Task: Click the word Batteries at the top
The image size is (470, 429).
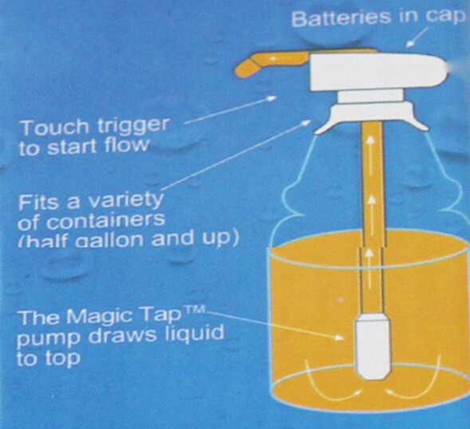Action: [342, 18]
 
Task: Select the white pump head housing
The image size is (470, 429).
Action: [378, 72]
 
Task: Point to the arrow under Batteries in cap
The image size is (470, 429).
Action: [416, 38]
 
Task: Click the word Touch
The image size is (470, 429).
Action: [55, 127]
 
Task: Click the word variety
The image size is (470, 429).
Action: [127, 201]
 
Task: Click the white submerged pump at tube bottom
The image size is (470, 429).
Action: [373, 348]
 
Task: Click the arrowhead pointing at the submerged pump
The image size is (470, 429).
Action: [338, 337]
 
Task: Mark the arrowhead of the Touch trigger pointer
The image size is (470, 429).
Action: [271, 99]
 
